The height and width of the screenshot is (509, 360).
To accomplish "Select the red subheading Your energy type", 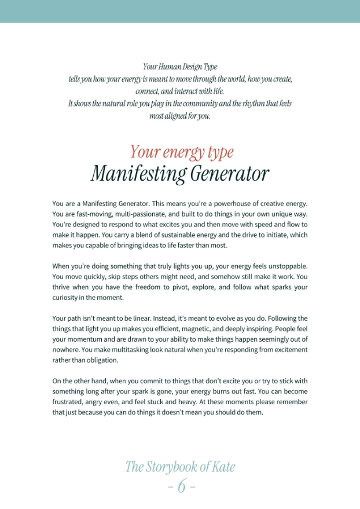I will pos(182,152).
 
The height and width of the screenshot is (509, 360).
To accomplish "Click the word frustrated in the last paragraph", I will pos(70,402).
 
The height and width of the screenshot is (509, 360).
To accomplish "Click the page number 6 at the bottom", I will pos(181,487).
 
